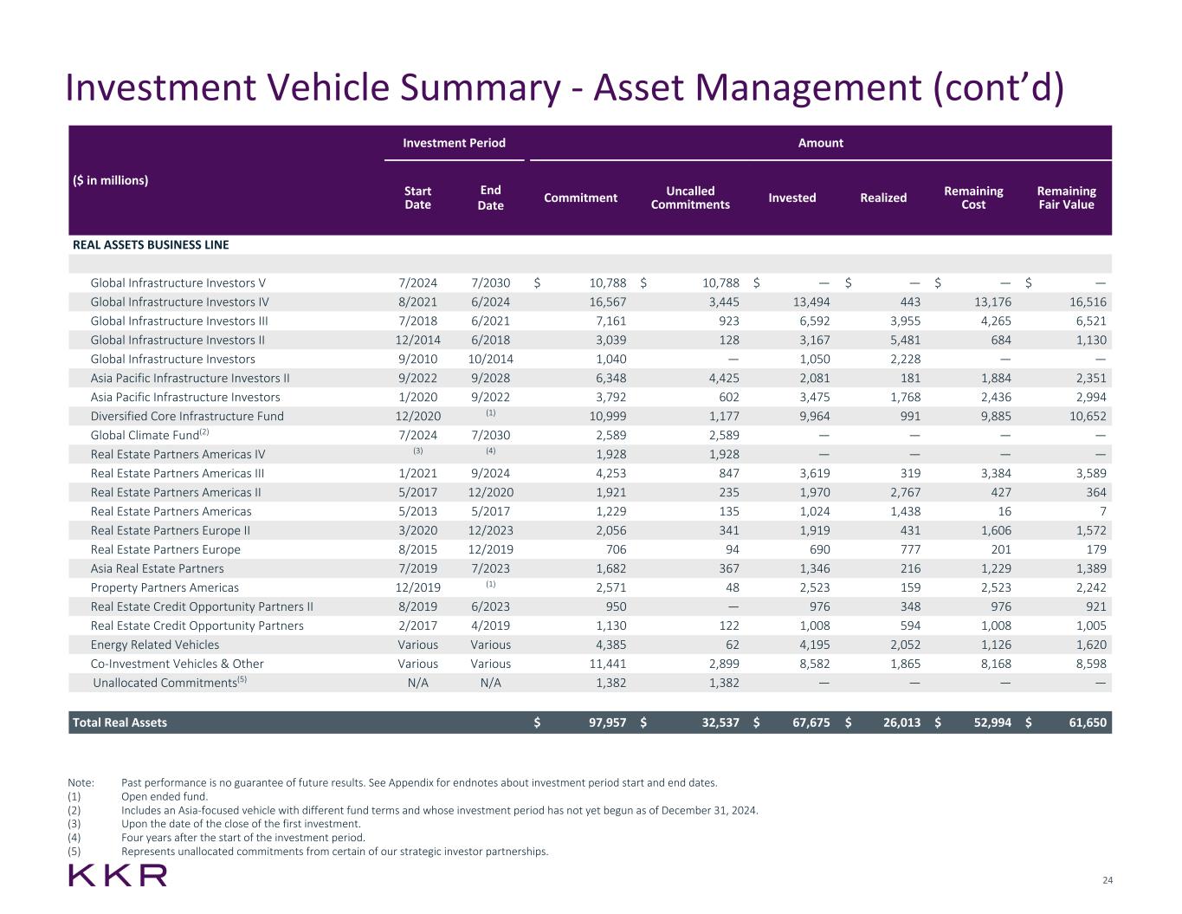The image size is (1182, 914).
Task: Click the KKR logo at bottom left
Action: coord(118,875)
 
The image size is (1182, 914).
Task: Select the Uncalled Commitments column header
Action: coord(690,198)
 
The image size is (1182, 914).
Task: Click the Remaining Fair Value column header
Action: coord(1066,198)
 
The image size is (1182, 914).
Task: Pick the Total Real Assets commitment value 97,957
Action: coord(599,723)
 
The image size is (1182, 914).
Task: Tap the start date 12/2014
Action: coord(417,340)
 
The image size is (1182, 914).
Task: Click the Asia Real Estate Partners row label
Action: coord(157,568)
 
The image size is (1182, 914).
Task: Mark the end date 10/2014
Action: coord(491,359)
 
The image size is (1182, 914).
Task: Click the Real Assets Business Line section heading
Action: coord(151,244)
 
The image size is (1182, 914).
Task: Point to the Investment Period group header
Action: coord(454,143)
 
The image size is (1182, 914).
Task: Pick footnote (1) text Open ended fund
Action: coord(165,796)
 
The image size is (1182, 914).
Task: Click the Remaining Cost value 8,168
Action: coord(992,664)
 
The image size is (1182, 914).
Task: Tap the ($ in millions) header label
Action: coord(110,180)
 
